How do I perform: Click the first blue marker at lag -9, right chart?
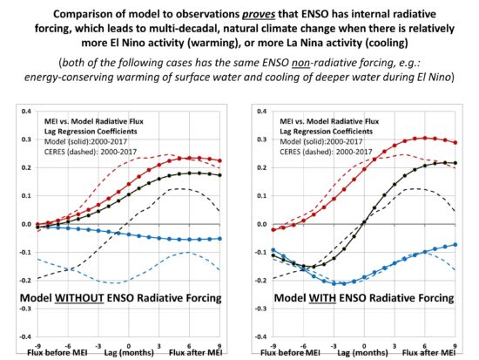pos(273,250)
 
